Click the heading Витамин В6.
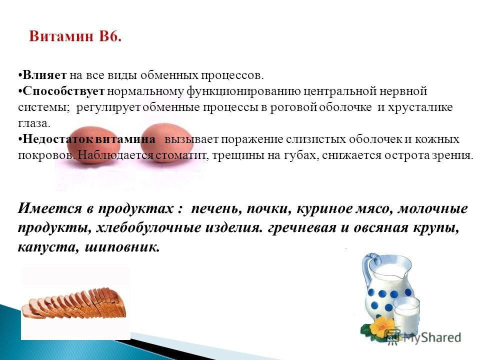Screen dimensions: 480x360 point(75,36)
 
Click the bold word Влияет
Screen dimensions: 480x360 point(44,75)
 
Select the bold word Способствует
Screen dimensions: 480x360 point(63,91)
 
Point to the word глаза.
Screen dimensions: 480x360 point(33,123)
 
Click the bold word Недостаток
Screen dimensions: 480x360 point(57,139)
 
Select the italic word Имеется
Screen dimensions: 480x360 point(50,208)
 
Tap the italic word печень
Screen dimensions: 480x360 point(216,208)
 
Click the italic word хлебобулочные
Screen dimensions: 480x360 point(148,228)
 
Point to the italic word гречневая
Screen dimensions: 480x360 point(302,228)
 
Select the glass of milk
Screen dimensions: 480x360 point(406,315)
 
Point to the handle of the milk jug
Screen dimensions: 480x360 point(367,269)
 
